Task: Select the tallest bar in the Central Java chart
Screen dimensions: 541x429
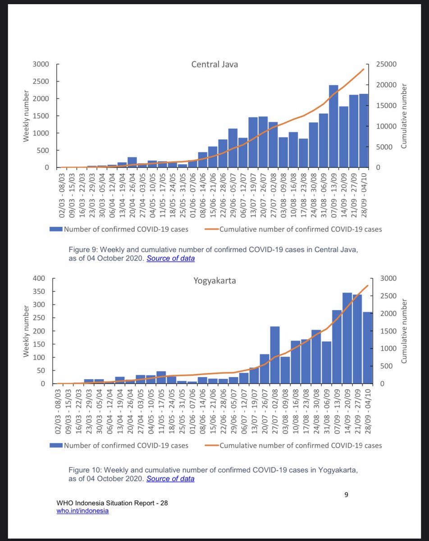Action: point(333,126)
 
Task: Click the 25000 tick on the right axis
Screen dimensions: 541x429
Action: point(386,64)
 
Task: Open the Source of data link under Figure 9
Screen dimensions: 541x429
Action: point(171,259)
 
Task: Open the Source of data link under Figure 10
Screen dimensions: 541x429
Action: point(170,479)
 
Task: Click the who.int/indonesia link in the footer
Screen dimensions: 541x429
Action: point(83,510)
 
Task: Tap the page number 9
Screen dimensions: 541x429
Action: point(346,495)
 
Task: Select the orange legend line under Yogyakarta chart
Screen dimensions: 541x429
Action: point(212,445)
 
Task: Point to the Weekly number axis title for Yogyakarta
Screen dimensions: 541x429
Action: point(27,331)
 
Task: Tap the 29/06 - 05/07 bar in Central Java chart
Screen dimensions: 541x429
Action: point(233,148)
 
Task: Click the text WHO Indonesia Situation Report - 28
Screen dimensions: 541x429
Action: point(113,503)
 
